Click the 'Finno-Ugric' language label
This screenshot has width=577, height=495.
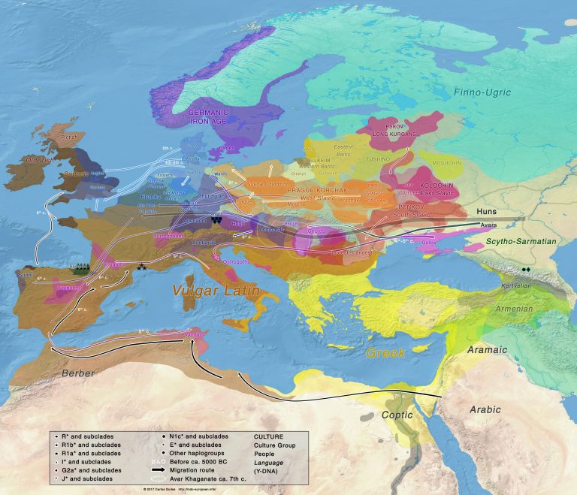(x=482, y=92)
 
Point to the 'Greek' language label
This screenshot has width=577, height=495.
(x=385, y=352)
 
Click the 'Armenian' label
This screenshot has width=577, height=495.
(x=515, y=309)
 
